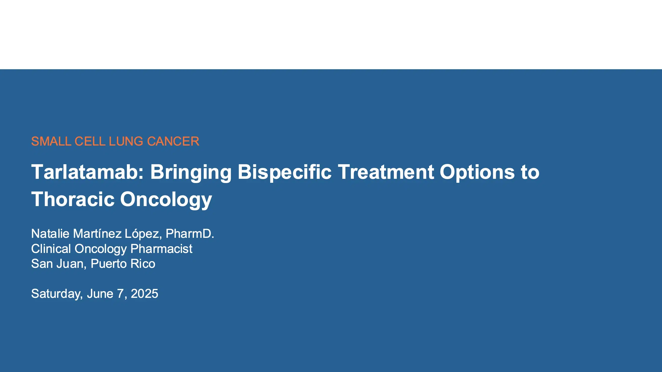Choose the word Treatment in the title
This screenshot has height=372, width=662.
click(x=385, y=172)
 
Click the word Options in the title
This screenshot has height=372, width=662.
click(x=477, y=172)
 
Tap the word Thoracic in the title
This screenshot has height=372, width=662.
click(x=73, y=199)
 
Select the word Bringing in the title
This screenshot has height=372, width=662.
click(x=191, y=172)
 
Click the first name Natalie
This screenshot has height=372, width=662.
click(x=50, y=234)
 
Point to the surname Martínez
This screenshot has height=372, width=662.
click(x=97, y=234)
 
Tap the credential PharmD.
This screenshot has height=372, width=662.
click(x=190, y=234)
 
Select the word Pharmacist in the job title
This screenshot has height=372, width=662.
click(x=161, y=249)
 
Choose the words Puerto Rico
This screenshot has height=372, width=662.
click(x=123, y=264)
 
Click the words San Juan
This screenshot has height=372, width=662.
click(x=59, y=264)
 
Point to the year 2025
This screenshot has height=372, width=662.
click(x=145, y=294)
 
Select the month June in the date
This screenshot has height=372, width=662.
click(x=100, y=294)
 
